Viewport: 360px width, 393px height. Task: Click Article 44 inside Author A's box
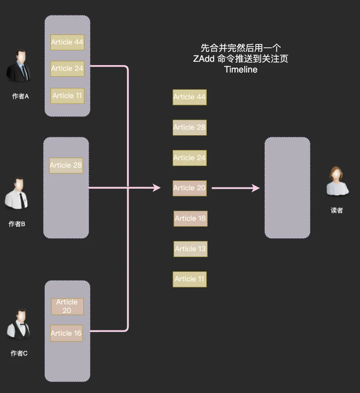tap(67, 42)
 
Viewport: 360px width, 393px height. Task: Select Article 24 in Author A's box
tap(67, 68)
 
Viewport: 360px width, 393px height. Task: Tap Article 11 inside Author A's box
tap(67, 96)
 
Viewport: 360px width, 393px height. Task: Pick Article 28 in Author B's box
tap(66, 165)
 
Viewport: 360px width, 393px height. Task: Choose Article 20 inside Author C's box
tap(67, 306)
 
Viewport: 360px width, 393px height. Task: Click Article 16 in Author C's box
tap(66, 333)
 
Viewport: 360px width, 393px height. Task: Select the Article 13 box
tap(190, 249)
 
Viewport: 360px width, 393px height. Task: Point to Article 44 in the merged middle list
tap(189, 97)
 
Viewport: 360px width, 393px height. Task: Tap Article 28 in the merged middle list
tap(189, 127)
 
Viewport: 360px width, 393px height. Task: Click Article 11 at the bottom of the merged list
tap(189, 279)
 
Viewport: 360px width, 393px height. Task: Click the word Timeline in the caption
tap(241, 70)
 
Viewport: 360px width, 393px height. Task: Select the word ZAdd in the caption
tap(204, 58)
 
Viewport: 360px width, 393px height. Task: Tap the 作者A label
tap(21, 96)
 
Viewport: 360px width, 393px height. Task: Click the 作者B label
tap(17, 224)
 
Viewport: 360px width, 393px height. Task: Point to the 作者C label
tap(19, 353)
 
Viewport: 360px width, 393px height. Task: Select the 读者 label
tap(337, 211)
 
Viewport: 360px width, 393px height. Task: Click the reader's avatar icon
tap(337, 182)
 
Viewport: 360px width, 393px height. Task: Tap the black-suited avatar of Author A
tap(19, 67)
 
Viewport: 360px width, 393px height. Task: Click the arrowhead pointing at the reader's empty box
tap(256, 188)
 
